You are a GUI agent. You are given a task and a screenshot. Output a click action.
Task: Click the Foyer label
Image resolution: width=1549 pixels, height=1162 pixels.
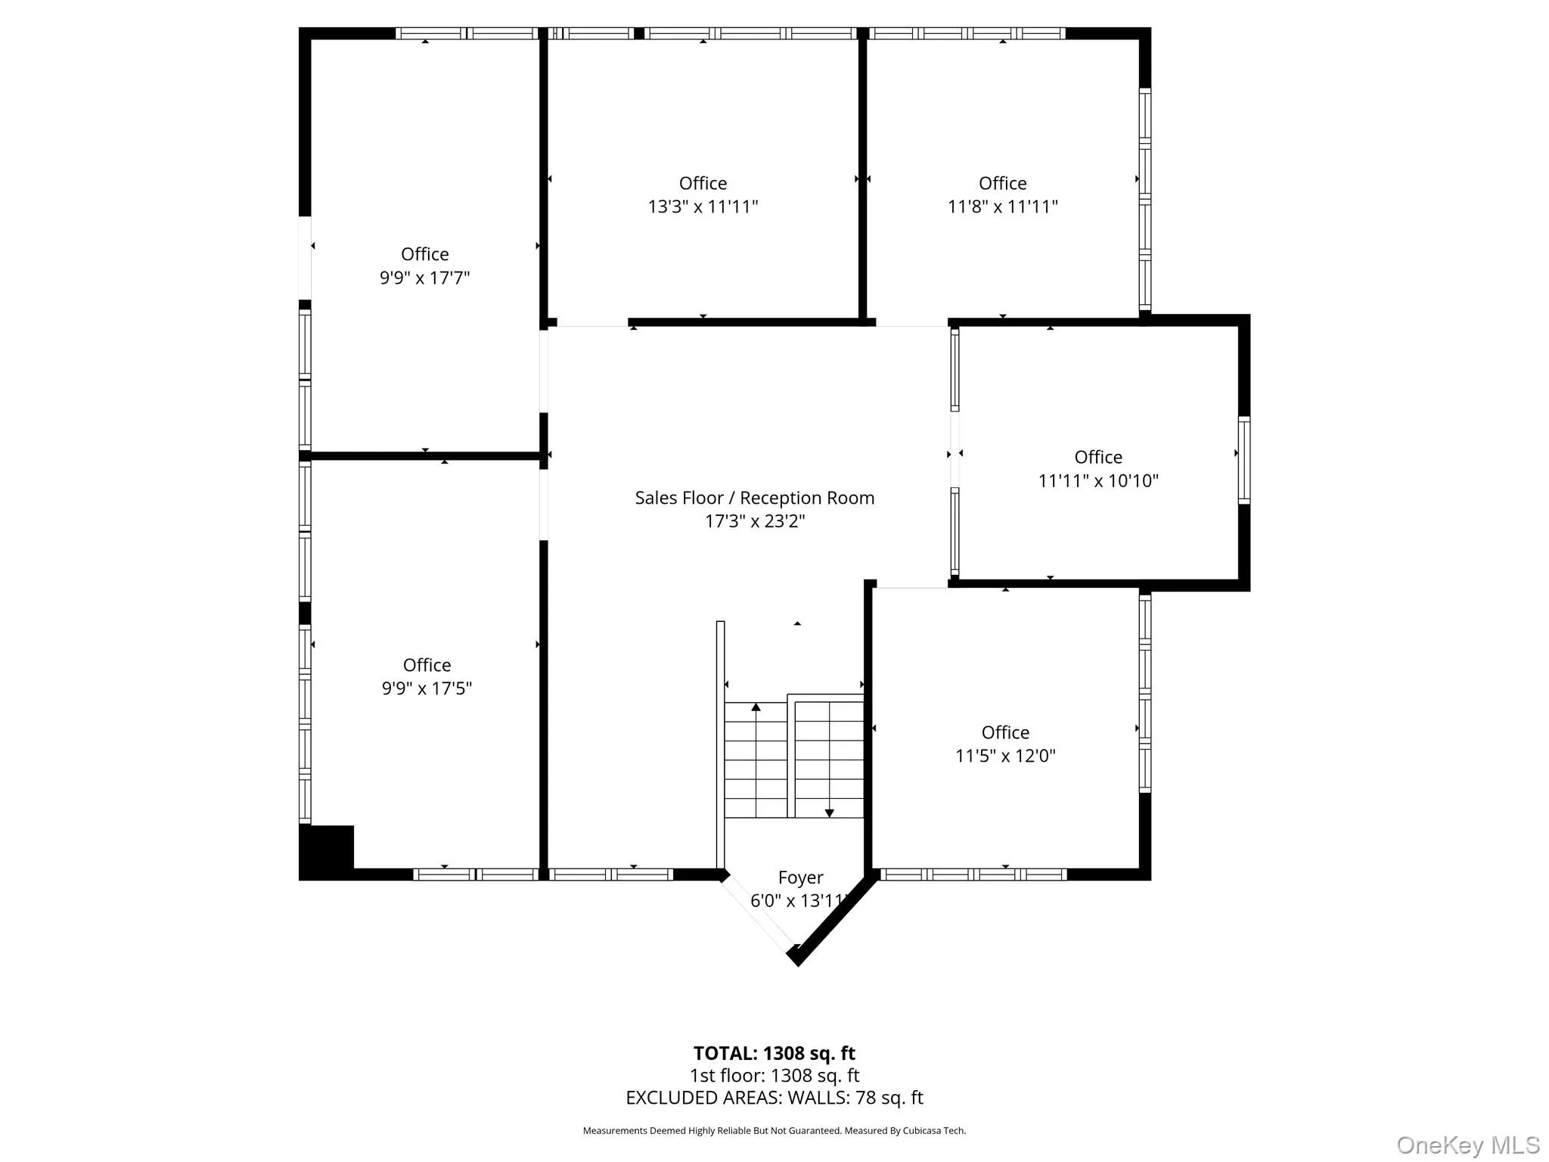800,878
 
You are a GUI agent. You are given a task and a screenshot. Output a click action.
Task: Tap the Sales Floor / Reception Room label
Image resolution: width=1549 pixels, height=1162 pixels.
754,498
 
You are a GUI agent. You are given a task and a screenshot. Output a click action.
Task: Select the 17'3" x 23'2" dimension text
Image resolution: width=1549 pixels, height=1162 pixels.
754,521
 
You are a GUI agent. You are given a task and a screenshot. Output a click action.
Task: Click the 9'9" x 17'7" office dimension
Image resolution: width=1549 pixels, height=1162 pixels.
424,278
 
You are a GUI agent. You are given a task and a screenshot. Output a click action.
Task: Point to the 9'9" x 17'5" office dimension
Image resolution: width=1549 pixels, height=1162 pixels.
427,688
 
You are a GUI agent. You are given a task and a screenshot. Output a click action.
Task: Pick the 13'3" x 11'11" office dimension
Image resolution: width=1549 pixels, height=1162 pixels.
703,207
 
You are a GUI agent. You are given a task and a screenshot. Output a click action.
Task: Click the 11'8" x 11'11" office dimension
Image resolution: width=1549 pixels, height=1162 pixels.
1002,207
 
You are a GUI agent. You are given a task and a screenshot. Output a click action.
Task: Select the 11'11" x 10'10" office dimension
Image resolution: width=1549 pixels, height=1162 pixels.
1097,480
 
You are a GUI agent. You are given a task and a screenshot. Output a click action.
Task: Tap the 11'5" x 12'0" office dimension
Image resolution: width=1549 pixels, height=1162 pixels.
1004,756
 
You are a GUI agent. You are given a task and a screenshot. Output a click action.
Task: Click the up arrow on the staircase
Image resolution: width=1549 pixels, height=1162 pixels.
756,707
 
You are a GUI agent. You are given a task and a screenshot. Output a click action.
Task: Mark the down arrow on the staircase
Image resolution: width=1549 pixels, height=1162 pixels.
829,813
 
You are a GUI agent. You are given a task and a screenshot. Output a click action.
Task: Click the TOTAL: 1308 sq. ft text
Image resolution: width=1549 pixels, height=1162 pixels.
774,1053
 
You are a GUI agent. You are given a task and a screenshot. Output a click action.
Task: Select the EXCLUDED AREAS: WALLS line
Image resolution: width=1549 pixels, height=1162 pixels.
774,1098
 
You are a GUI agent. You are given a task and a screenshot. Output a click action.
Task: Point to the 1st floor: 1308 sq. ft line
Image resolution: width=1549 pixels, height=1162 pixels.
774,1076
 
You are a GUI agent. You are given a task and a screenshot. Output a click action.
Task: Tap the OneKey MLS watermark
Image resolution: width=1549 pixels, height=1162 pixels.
1467,1145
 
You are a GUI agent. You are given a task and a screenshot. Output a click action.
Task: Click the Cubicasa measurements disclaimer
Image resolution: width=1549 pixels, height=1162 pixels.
774,1131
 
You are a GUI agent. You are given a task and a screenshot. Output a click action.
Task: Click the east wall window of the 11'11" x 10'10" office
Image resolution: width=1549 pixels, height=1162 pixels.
1243,460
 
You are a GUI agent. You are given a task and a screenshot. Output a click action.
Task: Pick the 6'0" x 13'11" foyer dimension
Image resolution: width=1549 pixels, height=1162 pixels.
798,901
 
